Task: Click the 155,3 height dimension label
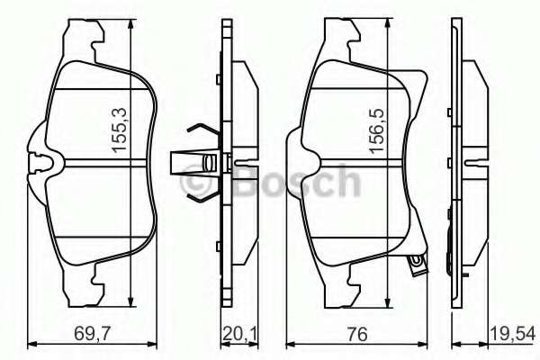(120, 130)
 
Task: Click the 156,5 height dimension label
(377, 130)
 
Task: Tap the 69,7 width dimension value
(89, 334)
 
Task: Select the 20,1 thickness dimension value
(239, 334)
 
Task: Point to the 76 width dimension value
(357, 334)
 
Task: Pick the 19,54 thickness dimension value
(512, 334)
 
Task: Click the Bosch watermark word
(297, 181)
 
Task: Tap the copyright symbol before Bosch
(195, 182)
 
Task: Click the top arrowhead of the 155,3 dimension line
(130, 25)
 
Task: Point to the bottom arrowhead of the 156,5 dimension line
(388, 301)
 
